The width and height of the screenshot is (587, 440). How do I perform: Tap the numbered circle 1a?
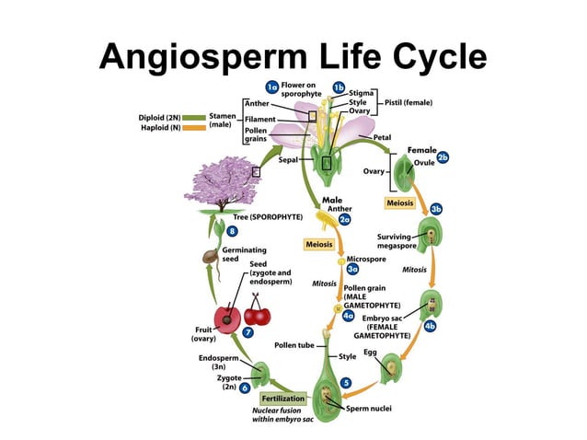(272, 87)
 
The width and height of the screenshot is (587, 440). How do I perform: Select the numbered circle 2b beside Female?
(443, 157)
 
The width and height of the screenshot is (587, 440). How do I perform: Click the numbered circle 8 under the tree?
(233, 230)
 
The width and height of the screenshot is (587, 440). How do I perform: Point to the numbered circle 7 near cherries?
(248, 331)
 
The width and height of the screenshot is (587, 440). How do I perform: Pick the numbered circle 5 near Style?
(345, 382)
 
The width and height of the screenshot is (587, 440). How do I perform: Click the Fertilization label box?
(282, 399)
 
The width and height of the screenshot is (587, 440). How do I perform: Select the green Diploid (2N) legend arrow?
(194, 118)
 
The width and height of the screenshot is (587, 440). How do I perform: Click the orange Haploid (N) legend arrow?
(194, 128)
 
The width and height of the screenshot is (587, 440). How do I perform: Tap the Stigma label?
(362, 93)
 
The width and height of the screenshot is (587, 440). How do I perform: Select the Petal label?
(383, 137)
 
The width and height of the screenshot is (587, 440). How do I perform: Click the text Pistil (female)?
(408, 102)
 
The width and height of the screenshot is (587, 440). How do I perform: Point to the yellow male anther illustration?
(323, 219)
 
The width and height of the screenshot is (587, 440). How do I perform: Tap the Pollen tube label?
(294, 345)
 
